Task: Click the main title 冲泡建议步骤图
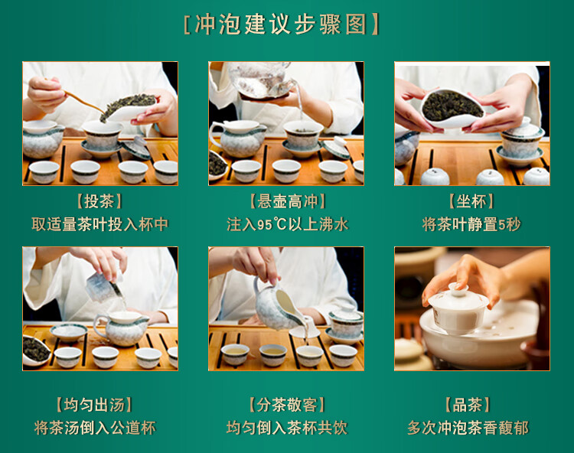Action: point(281,24)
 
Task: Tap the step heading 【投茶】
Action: point(99,201)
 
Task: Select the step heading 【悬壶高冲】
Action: point(287,201)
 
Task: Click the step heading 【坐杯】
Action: point(471,201)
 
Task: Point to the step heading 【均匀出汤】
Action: point(94,405)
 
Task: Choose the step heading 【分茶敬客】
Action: point(287,405)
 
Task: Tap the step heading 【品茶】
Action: point(468,405)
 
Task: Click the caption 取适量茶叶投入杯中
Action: point(99,224)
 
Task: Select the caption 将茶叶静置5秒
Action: point(471,224)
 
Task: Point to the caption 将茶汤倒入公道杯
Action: point(95,428)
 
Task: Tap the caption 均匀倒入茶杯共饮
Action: point(287,428)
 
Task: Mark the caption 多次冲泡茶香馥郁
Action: point(468,428)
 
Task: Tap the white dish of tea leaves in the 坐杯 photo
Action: point(452,108)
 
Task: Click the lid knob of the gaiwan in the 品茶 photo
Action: point(458,289)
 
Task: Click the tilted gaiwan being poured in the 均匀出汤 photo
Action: point(103,286)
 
